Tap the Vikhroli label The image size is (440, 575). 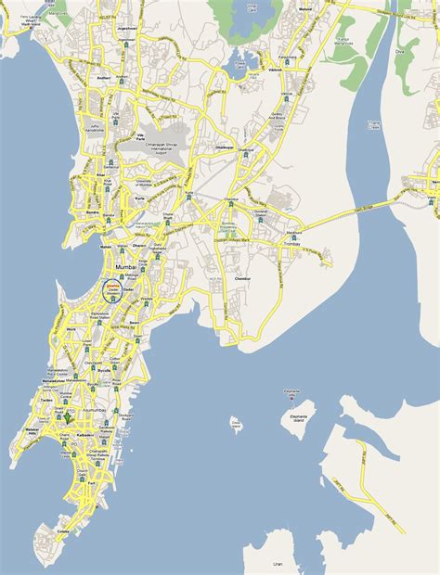click(275, 70)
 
